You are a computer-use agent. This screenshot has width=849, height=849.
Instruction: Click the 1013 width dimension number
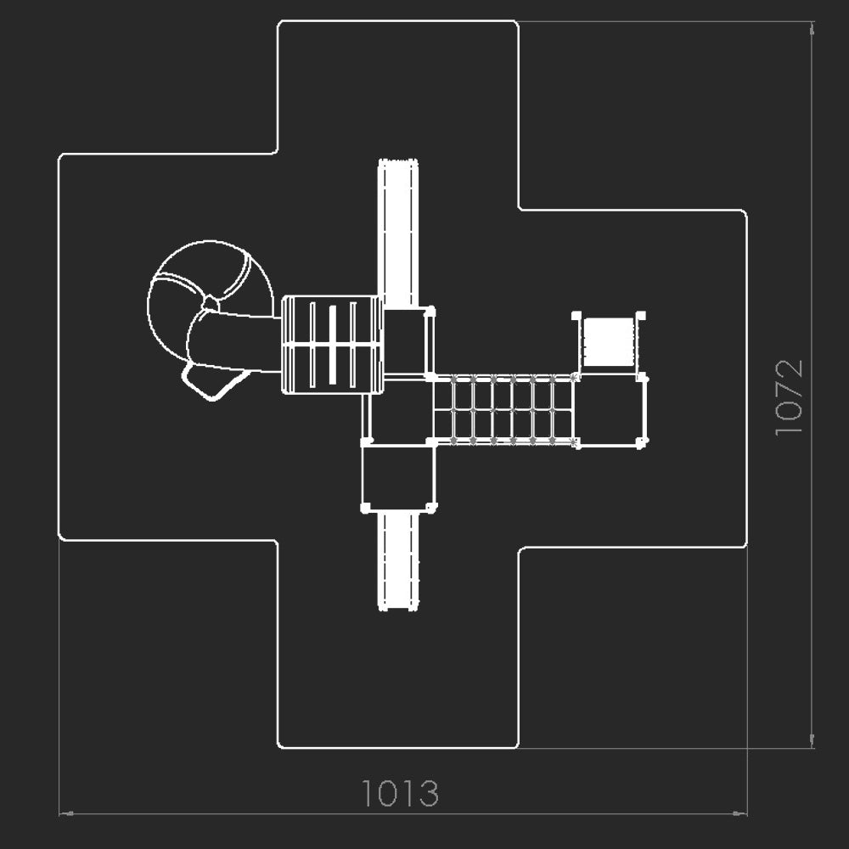click(400, 793)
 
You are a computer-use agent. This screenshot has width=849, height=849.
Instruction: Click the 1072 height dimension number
click(789, 396)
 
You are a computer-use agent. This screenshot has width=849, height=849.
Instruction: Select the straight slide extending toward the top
click(398, 234)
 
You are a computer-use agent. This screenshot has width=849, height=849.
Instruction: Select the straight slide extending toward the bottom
click(398, 561)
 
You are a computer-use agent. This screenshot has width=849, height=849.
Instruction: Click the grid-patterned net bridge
click(504, 409)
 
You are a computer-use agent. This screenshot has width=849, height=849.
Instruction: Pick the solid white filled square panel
click(609, 341)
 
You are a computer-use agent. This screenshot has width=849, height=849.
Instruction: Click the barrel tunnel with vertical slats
click(333, 345)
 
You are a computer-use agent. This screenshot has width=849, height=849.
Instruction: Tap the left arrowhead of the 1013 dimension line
click(66, 813)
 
